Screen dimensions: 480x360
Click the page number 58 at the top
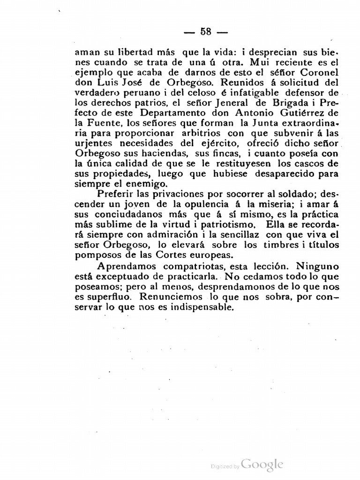(x=206, y=32)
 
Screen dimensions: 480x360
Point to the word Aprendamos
(x=125, y=268)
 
